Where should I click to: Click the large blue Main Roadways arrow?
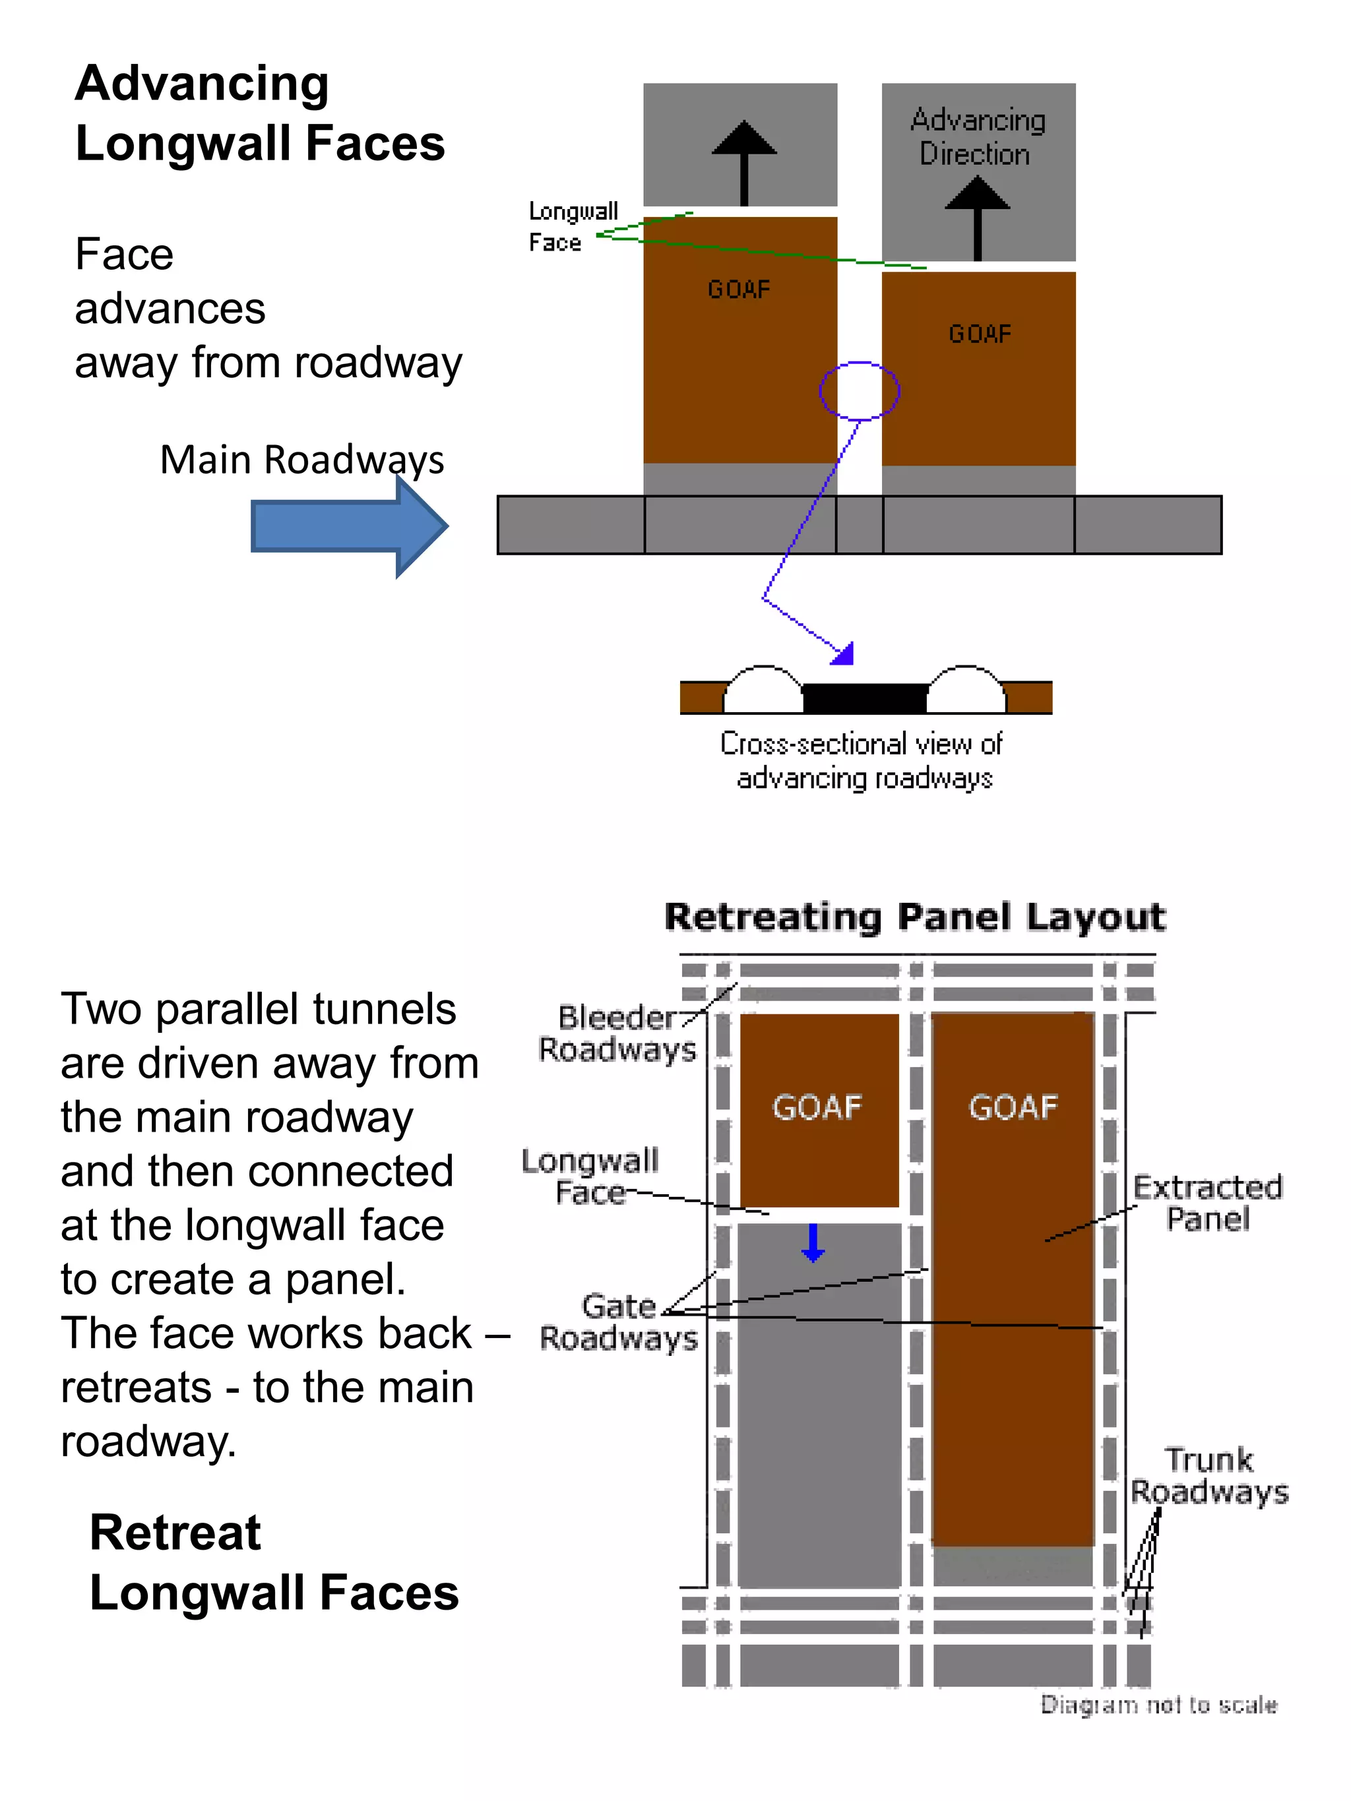click(348, 527)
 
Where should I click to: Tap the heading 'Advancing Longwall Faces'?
click(260, 113)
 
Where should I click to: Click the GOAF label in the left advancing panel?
click(739, 289)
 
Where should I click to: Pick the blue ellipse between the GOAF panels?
click(859, 391)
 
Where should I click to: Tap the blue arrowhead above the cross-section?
click(844, 654)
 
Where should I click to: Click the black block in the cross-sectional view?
click(865, 698)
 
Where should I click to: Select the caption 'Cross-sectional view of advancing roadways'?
click(864, 760)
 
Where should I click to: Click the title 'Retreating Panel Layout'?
click(914, 917)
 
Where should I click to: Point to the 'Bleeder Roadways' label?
click(617, 1033)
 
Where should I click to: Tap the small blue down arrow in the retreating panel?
click(813, 1243)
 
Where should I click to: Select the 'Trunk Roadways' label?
click(1209, 1475)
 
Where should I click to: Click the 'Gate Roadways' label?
click(618, 1322)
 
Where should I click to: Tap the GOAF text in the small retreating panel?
click(817, 1107)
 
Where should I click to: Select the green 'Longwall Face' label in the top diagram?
click(573, 226)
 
